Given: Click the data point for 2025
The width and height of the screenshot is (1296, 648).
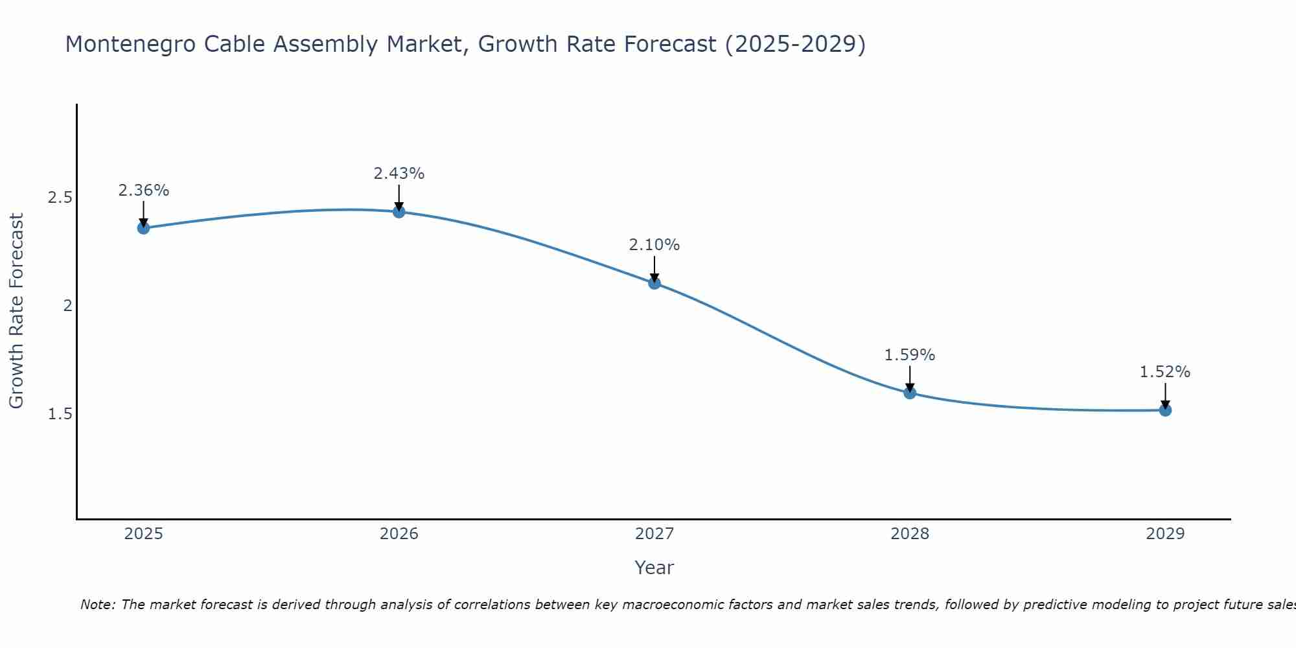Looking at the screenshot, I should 143,227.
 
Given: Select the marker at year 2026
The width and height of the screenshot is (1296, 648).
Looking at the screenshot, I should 399,212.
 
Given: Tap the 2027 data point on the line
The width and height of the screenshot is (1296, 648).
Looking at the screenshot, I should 654,283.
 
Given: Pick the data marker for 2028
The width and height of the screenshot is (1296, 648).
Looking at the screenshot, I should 910,393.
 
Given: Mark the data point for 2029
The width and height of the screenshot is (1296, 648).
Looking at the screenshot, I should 1165,410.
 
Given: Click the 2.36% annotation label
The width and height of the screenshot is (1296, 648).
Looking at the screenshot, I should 143,191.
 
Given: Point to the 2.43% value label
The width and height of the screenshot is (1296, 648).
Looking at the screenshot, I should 399,174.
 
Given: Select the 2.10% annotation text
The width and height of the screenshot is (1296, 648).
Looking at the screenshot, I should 654,245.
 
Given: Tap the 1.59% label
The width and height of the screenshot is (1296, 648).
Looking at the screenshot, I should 910,355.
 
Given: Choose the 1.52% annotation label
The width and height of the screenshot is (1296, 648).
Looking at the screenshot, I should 1165,372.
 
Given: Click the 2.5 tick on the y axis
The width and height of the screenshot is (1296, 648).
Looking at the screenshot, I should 60,198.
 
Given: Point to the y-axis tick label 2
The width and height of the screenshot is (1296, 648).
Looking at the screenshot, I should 67,305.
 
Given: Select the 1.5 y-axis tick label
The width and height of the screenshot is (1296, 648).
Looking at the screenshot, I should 60,413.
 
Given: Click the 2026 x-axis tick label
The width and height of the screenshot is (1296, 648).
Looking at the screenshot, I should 399,534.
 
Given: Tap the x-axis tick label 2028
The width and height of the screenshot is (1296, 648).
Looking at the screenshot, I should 910,534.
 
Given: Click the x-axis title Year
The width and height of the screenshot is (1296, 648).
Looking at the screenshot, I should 654,568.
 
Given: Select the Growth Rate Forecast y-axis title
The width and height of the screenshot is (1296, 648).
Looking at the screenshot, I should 17,310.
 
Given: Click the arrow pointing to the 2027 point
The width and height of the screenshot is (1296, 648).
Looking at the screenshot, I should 654,269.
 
